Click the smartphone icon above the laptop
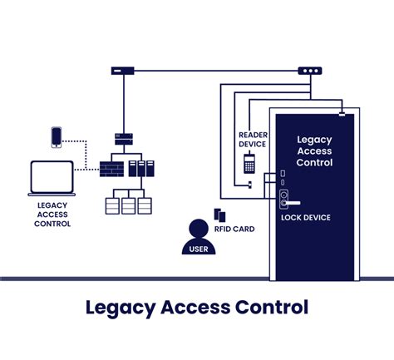[57, 136]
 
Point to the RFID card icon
[219, 214]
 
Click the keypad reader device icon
[249, 165]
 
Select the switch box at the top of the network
[124, 72]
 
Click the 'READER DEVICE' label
[253, 138]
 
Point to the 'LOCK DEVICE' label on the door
[307, 218]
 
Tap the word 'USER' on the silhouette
[198, 247]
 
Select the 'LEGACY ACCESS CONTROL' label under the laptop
[53, 214]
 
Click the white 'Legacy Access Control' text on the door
[314, 151]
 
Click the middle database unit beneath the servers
[128, 205]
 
